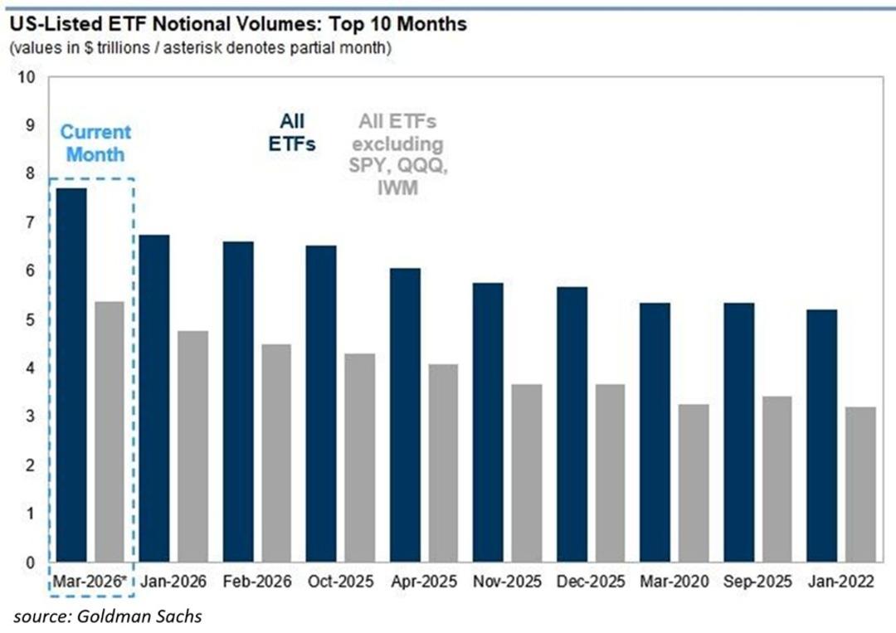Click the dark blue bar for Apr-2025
[x=404, y=415]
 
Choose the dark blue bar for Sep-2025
[x=738, y=432]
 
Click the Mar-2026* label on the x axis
[x=90, y=582]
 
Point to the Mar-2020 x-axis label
[x=674, y=582]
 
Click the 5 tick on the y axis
[x=31, y=320]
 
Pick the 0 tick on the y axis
[x=31, y=563]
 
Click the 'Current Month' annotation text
[x=95, y=143]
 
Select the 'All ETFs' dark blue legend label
[x=291, y=132]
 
